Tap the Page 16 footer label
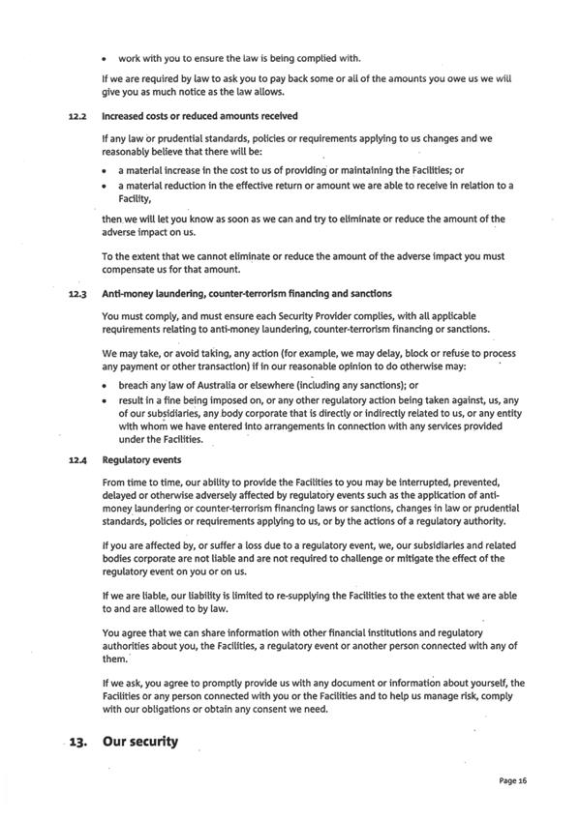click(513, 779)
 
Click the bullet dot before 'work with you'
click(105, 58)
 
